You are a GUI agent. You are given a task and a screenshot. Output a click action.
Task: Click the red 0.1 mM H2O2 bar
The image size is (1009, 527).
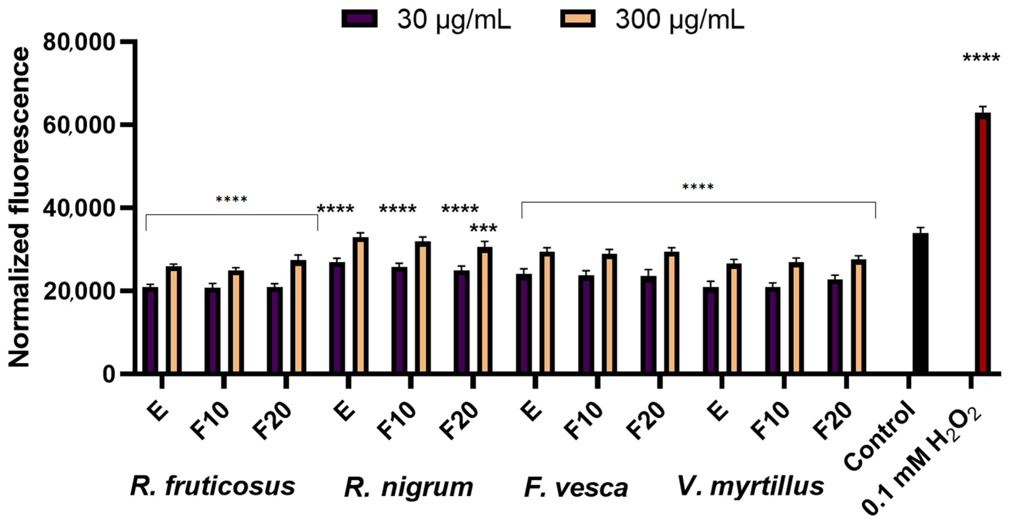(983, 243)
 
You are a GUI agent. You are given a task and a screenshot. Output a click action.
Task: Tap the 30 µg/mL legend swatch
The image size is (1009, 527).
(359, 18)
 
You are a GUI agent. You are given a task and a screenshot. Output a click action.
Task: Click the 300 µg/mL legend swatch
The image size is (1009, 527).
(578, 18)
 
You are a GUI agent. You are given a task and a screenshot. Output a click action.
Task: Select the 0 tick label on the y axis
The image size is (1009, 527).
(109, 374)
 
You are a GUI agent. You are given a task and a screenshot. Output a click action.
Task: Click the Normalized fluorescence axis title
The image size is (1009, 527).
(19, 208)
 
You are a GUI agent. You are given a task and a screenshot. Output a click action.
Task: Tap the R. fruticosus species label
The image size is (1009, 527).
(213, 486)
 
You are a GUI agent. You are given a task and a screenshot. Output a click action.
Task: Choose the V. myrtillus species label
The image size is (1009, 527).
(750, 486)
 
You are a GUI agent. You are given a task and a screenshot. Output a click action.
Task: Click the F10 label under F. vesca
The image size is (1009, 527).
(584, 421)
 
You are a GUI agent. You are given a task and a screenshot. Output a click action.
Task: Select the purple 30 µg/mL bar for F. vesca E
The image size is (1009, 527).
(524, 323)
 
